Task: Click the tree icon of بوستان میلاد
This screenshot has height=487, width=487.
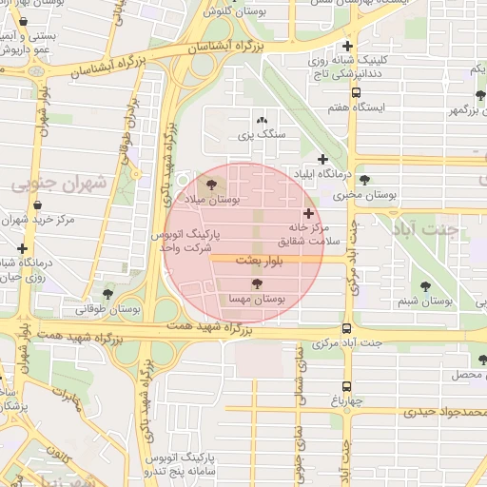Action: [210, 185]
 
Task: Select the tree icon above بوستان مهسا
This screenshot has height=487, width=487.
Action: [255, 283]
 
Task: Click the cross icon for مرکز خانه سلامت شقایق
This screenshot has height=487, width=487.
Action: [308, 213]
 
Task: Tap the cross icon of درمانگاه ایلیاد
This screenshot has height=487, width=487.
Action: [322, 159]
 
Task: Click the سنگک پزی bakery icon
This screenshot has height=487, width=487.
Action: [263, 121]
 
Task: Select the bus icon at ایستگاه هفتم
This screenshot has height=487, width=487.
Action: [356, 92]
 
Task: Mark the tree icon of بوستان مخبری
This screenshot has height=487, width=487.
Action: [364, 179]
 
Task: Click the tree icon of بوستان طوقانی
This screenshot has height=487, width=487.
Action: [107, 293]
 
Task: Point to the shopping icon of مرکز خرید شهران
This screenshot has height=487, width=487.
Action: [37, 204]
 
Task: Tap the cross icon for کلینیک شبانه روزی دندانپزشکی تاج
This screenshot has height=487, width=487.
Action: [347, 46]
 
